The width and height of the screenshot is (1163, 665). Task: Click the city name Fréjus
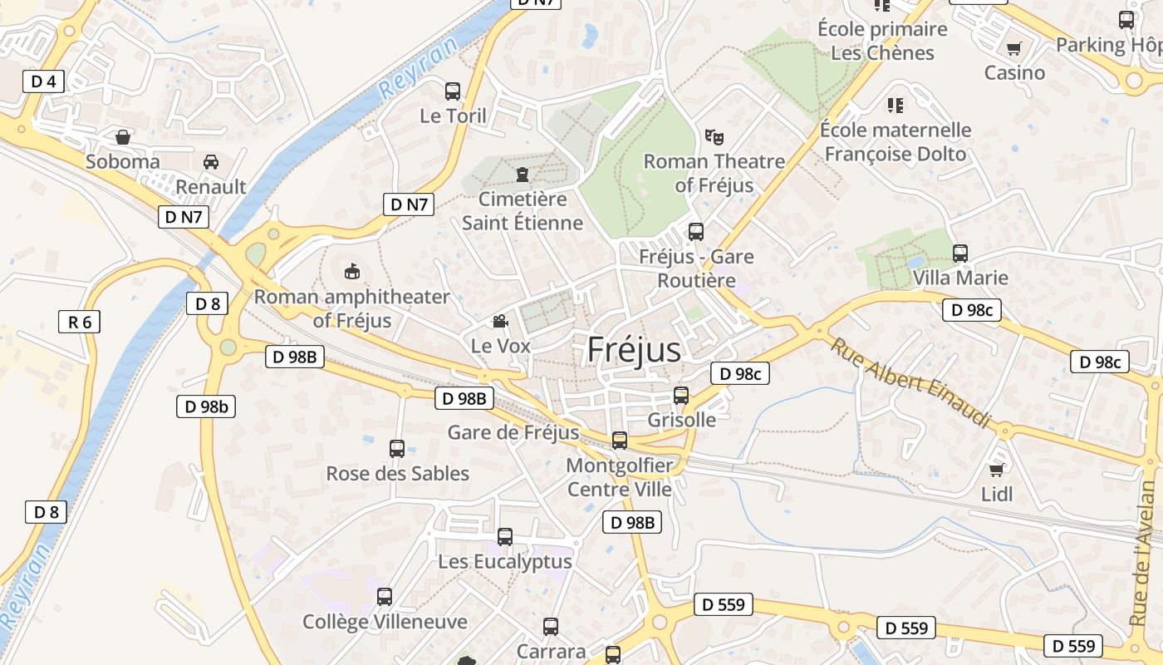coord(634,350)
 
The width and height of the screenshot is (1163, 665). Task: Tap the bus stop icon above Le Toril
coord(453,91)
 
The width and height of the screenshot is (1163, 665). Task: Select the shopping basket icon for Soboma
coord(123,136)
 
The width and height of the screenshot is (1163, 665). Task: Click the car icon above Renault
coord(211,162)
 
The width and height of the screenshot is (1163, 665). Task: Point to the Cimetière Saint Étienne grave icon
coord(522,175)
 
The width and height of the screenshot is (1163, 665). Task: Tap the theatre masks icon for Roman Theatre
coord(713,136)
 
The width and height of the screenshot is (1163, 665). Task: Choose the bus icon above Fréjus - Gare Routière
coord(696,232)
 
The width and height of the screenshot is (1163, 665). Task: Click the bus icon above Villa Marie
coord(960,253)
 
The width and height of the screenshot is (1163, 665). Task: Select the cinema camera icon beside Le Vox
coord(500,321)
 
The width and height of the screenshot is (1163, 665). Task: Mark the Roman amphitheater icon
coord(353,271)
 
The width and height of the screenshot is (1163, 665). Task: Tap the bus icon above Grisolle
coord(681,396)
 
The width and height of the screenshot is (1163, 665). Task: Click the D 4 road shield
coord(43,81)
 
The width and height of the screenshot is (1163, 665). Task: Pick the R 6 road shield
coord(80,322)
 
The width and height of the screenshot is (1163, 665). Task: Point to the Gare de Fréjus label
coord(513,432)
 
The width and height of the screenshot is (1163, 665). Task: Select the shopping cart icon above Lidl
coord(997,470)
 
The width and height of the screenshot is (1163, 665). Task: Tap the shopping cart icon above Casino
coord(1013,48)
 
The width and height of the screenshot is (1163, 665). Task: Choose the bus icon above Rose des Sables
coord(397,449)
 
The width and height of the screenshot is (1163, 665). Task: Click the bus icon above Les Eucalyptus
coord(505,537)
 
